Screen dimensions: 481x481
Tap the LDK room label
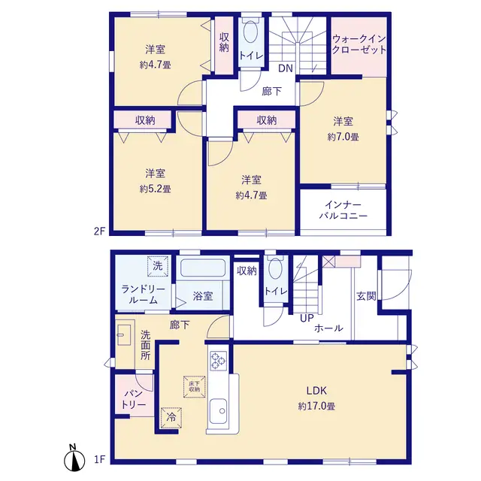[x=316, y=391]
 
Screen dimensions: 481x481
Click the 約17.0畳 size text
[x=316, y=407]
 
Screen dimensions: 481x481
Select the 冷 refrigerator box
[x=171, y=418]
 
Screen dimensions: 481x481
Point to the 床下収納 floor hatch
[x=194, y=387]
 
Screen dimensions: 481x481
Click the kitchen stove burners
[x=219, y=360]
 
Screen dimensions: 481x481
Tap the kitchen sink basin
[x=219, y=410]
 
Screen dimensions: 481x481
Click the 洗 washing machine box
[x=157, y=266]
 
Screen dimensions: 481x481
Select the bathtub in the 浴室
[x=203, y=268]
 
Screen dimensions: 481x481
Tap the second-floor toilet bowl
[x=251, y=32]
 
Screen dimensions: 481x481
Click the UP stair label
[x=307, y=319]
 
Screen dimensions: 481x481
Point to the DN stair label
[x=286, y=68]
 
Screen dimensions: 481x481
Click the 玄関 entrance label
[x=366, y=296]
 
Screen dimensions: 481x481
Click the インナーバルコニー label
[x=343, y=210]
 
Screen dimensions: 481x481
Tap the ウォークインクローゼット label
[x=359, y=44]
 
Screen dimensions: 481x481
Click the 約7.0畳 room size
[x=343, y=137]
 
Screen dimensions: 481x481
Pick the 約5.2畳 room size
[x=156, y=189]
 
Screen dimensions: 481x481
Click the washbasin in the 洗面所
[x=124, y=334]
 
